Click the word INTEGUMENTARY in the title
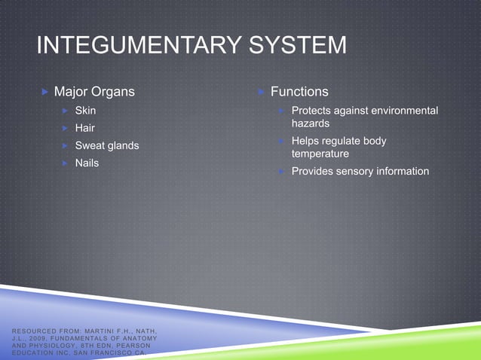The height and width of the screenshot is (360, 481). (133, 47)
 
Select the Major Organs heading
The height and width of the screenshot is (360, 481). (94, 92)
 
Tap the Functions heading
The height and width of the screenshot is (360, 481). (299, 92)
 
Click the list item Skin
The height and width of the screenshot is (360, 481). (85, 111)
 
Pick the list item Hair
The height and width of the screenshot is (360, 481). (84, 128)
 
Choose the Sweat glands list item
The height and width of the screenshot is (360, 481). (106, 145)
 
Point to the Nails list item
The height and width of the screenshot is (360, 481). (87, 162)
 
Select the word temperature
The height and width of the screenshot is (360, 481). (320, 154)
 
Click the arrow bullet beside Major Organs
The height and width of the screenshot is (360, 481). (44, 92)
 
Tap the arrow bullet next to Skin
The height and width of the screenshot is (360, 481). (66, 111)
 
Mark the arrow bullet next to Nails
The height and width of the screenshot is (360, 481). (66, 162)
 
